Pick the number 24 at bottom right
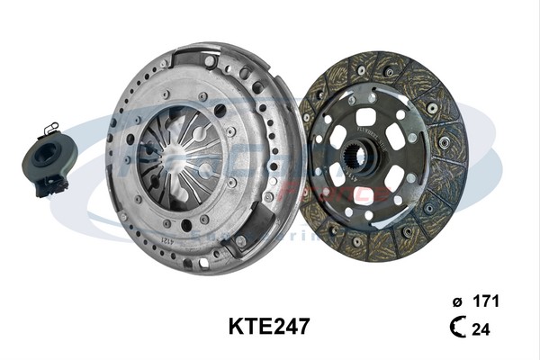[481, 329]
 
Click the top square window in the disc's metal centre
[365, 117]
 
